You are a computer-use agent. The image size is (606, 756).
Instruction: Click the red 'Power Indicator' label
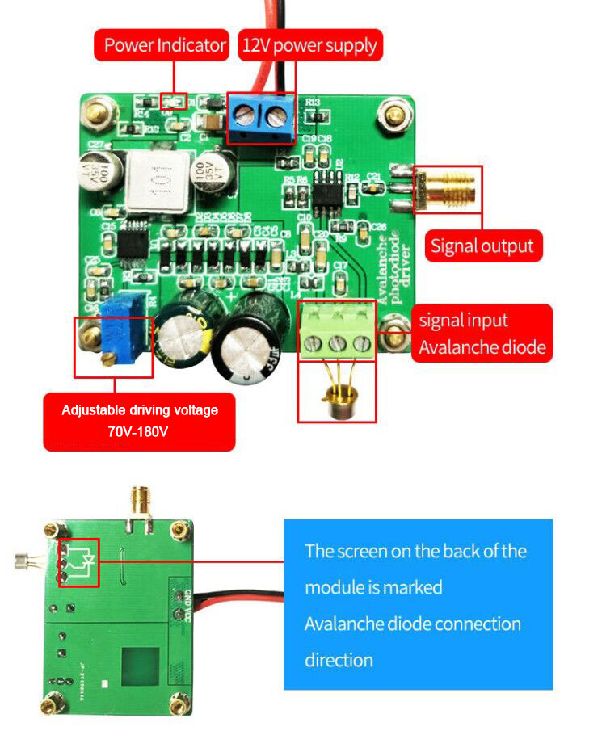coord(164,45)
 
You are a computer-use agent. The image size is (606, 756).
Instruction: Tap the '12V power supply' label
coord(309,45)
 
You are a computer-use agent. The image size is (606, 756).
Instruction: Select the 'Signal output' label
coord(482,246)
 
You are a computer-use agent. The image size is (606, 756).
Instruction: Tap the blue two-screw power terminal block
coord(260,119)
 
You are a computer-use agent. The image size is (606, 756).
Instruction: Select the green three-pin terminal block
coord(338,333)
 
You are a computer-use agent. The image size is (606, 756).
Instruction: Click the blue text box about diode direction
coord(418,604)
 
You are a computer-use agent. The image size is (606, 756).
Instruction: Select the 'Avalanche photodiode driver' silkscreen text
coord(393,267)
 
